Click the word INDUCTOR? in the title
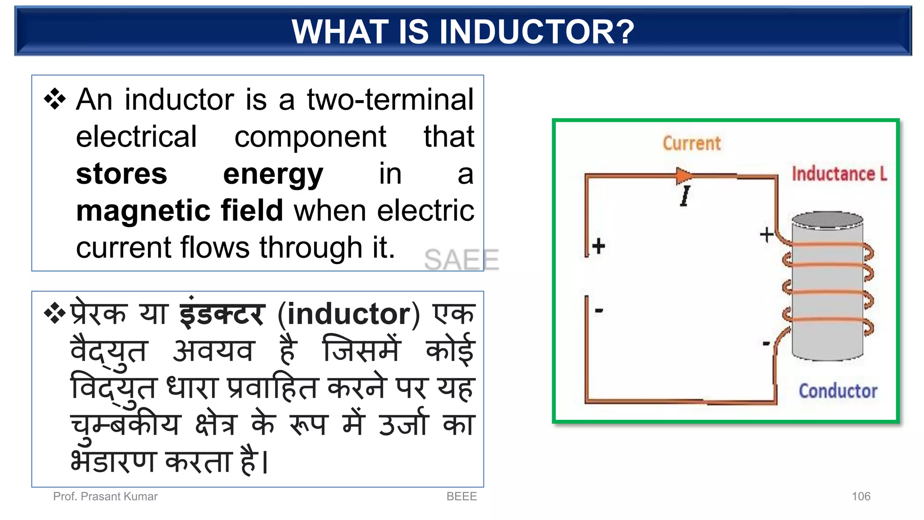pyautogui.click(x=536, y=32)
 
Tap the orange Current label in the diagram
pyautogui.click(x=691, y=144)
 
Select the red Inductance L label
pyautogui.click(x=839, y=174)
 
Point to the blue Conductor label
pyautogui.click(x=838, y=391)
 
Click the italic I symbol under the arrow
pyautogui.click(x=685, y=196)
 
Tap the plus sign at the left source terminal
pyautogui.click(x=599, y=246)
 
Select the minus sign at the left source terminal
pyautogui.click(x=599, y=310)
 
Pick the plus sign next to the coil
pyautogui.click(x=766, y=234)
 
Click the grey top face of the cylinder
pyautogui.click(x=827, y=220)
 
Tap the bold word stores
pyautogui.click(x=121, y=174)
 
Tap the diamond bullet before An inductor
pyautogui.click(x=55, y=99)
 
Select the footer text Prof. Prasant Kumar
pyautogui.click(x=105, y=496)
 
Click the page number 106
pyautogui.click(x=860, y=496)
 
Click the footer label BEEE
pyautogui.click(x=461, y=496)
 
